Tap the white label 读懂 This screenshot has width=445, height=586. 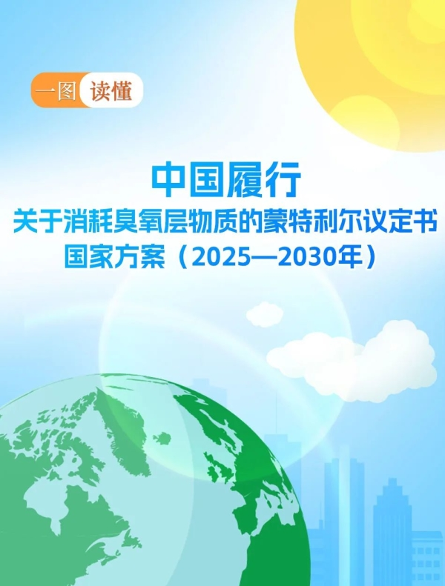coord(111,93)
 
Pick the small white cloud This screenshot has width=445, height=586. coord(264,313)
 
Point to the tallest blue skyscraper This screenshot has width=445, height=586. coord(343,511)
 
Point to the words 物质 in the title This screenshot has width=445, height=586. coord(240,222)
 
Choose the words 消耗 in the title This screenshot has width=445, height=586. coord(99,222)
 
